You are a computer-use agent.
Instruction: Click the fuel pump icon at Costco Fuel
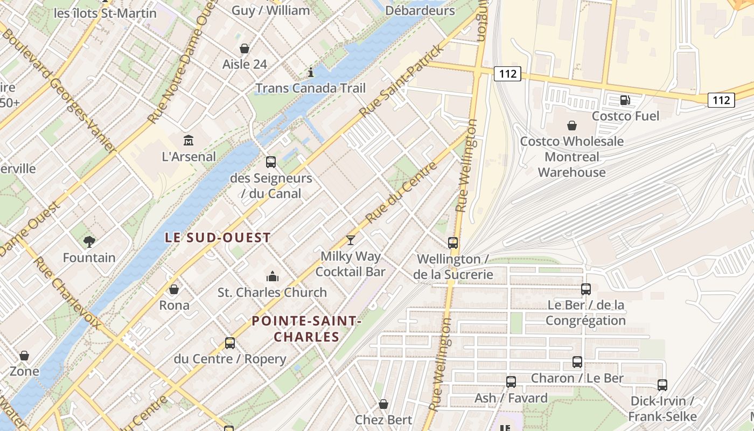tap(625, 100)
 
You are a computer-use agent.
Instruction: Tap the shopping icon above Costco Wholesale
tap(571, 126)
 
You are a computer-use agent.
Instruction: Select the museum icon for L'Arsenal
tap(188, 140)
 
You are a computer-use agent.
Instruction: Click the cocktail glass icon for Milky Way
tap(351, 240)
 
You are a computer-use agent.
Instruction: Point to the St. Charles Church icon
tap(273, 276)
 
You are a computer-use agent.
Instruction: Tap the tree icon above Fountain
tap(89, 241)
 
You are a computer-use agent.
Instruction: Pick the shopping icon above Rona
tap(174, 289)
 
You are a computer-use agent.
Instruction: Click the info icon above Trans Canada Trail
tap(310, 72)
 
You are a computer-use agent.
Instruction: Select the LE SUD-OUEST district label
tap(218, 238)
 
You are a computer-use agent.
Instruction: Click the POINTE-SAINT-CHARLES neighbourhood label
tap(306, 329)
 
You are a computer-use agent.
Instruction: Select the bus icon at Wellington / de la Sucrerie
tap(453, 243)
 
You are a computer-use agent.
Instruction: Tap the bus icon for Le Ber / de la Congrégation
tap(586, 289)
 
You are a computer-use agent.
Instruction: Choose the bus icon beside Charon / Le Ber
tap(577, 362)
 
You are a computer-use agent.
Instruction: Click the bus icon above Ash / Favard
tap(511, 382)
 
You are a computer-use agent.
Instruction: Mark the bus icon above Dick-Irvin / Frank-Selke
tap(662, 385)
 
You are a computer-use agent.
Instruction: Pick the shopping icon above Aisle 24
tap(245, 48)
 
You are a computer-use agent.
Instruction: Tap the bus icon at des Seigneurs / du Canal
tap(271, 162)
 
